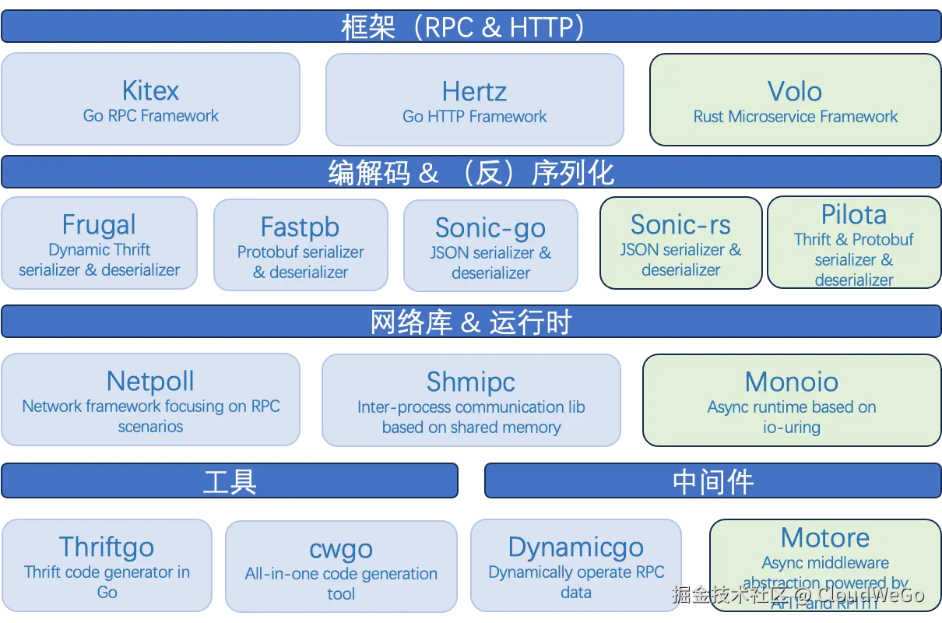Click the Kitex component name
click(x=150, y=90)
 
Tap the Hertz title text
click(x=474, y=91)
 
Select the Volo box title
click(x=794, y=91)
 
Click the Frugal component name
click(x=99, y=224)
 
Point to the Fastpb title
click(x=300, y=227)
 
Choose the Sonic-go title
click(x=490, y=227)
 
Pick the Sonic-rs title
click(x=680, y=224)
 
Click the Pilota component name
click(x=853, y=214)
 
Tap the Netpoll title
click(x=150, y=381)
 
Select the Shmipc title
click(x=471, y=382)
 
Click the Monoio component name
click(x=791, y=382)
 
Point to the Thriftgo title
click(x=107, y=547)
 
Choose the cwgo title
click(x=341, y=549)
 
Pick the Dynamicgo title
click(x=575, y=547)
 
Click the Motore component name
click(x=825, y=537)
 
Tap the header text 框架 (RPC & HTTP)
click(x=464, y=27)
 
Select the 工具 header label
click(x=230, y=481)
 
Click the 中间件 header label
click(x=712, y=481)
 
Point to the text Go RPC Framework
click(x=150, y=116)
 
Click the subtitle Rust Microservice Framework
click(x=795, y=117)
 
